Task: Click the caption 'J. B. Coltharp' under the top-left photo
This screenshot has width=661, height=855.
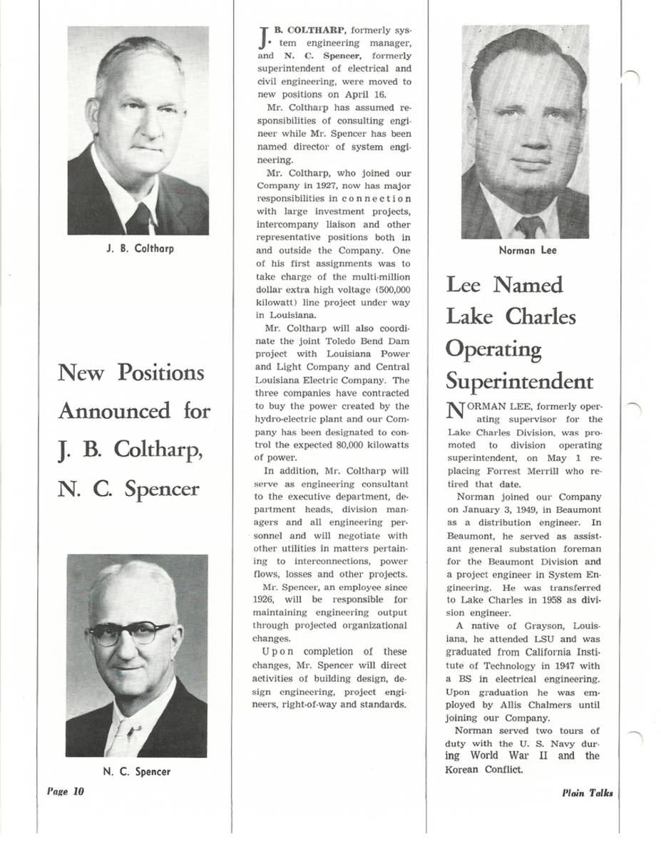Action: click(138, 249)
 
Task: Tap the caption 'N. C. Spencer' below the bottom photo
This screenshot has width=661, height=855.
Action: click(136, 772)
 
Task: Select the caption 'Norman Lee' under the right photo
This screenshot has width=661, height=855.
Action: click(528, 251)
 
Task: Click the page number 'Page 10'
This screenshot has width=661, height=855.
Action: click(66, 791)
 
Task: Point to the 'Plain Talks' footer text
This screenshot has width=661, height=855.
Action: click(587, 793)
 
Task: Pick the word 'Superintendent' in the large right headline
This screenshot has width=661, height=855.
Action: click(519, 382)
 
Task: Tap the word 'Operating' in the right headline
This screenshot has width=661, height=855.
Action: click(493, 349)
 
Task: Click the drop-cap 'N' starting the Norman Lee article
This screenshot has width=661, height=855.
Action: click(454, 413)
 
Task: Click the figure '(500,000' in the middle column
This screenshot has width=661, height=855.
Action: click(388, 289)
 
